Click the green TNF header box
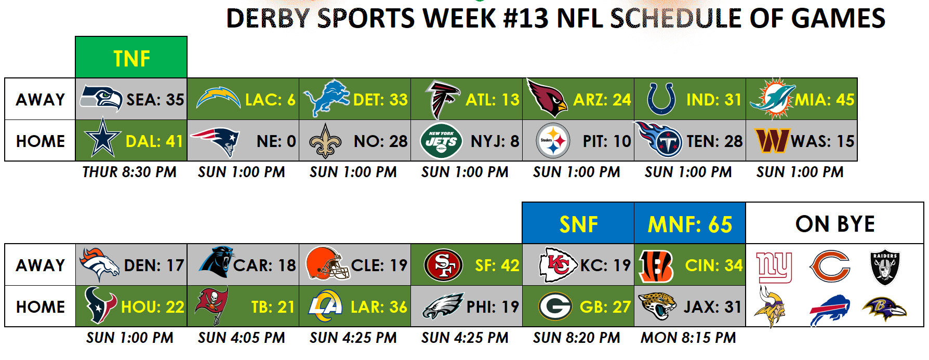[131, 57]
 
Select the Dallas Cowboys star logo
[103, 138]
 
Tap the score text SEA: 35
[155, 99]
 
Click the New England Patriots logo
[215, 141]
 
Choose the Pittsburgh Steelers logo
[553, 140]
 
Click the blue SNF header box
[578, 223]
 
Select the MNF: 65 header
[689, 224]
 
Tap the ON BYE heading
[835, 224]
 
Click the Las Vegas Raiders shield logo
[885, 268]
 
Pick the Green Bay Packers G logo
[555, 306]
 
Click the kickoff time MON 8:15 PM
[688, 338]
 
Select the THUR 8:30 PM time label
[129, 172]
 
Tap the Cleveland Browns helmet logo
[327, 264]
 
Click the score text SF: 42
[497, 265]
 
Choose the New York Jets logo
[441, 140]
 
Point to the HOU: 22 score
[153, 307]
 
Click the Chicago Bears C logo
[829, 266]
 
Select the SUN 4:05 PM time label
[242, 338]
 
